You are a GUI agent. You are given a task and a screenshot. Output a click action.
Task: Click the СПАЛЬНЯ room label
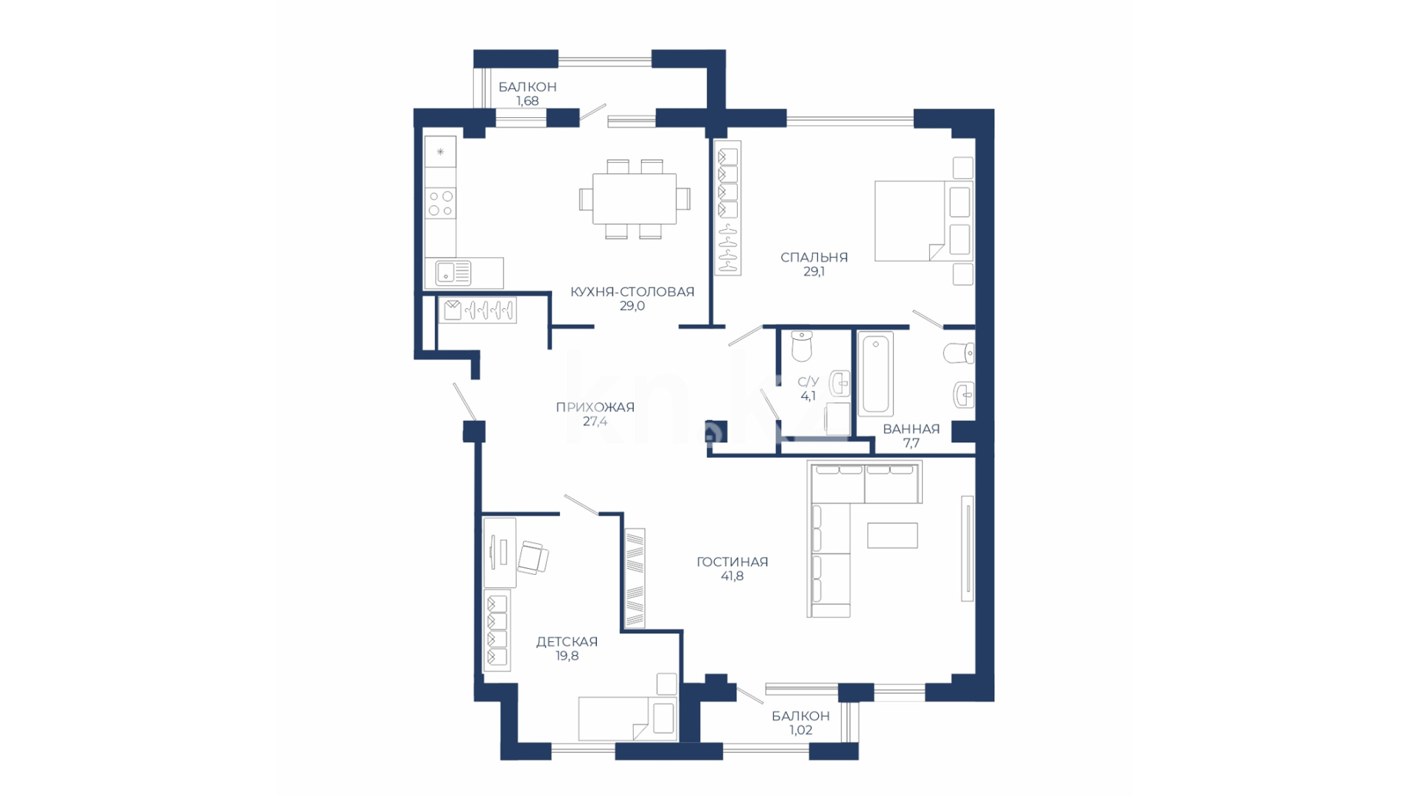point(814,257)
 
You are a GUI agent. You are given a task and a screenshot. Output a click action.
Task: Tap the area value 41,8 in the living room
point(732,576)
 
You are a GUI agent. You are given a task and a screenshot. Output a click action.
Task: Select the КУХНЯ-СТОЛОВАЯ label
point(632,292)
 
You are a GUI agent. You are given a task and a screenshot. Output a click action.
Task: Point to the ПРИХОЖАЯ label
point(595,407)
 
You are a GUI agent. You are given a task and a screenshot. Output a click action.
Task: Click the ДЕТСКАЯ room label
point(567,642)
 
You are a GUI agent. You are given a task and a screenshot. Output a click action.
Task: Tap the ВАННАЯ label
point(911,429)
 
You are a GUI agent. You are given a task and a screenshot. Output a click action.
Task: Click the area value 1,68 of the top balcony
point(527,101)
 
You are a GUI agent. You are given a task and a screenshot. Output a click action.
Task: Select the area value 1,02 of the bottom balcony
point(800,730)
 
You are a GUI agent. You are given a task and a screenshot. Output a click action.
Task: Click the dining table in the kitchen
point(635,199)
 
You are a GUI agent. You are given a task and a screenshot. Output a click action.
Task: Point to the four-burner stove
point(441,203)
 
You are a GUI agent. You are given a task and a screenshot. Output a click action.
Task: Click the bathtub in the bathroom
point(876,373)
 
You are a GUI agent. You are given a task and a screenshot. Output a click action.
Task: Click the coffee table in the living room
point(892,535)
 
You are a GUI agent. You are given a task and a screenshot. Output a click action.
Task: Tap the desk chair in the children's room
point(533,557)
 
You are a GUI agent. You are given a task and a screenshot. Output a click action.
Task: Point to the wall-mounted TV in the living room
point(967,548)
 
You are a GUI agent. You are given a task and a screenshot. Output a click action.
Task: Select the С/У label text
point(808,382)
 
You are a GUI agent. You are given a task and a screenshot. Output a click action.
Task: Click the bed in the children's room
point(627,719)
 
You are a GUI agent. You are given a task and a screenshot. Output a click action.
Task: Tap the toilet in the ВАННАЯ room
point(959,353)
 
